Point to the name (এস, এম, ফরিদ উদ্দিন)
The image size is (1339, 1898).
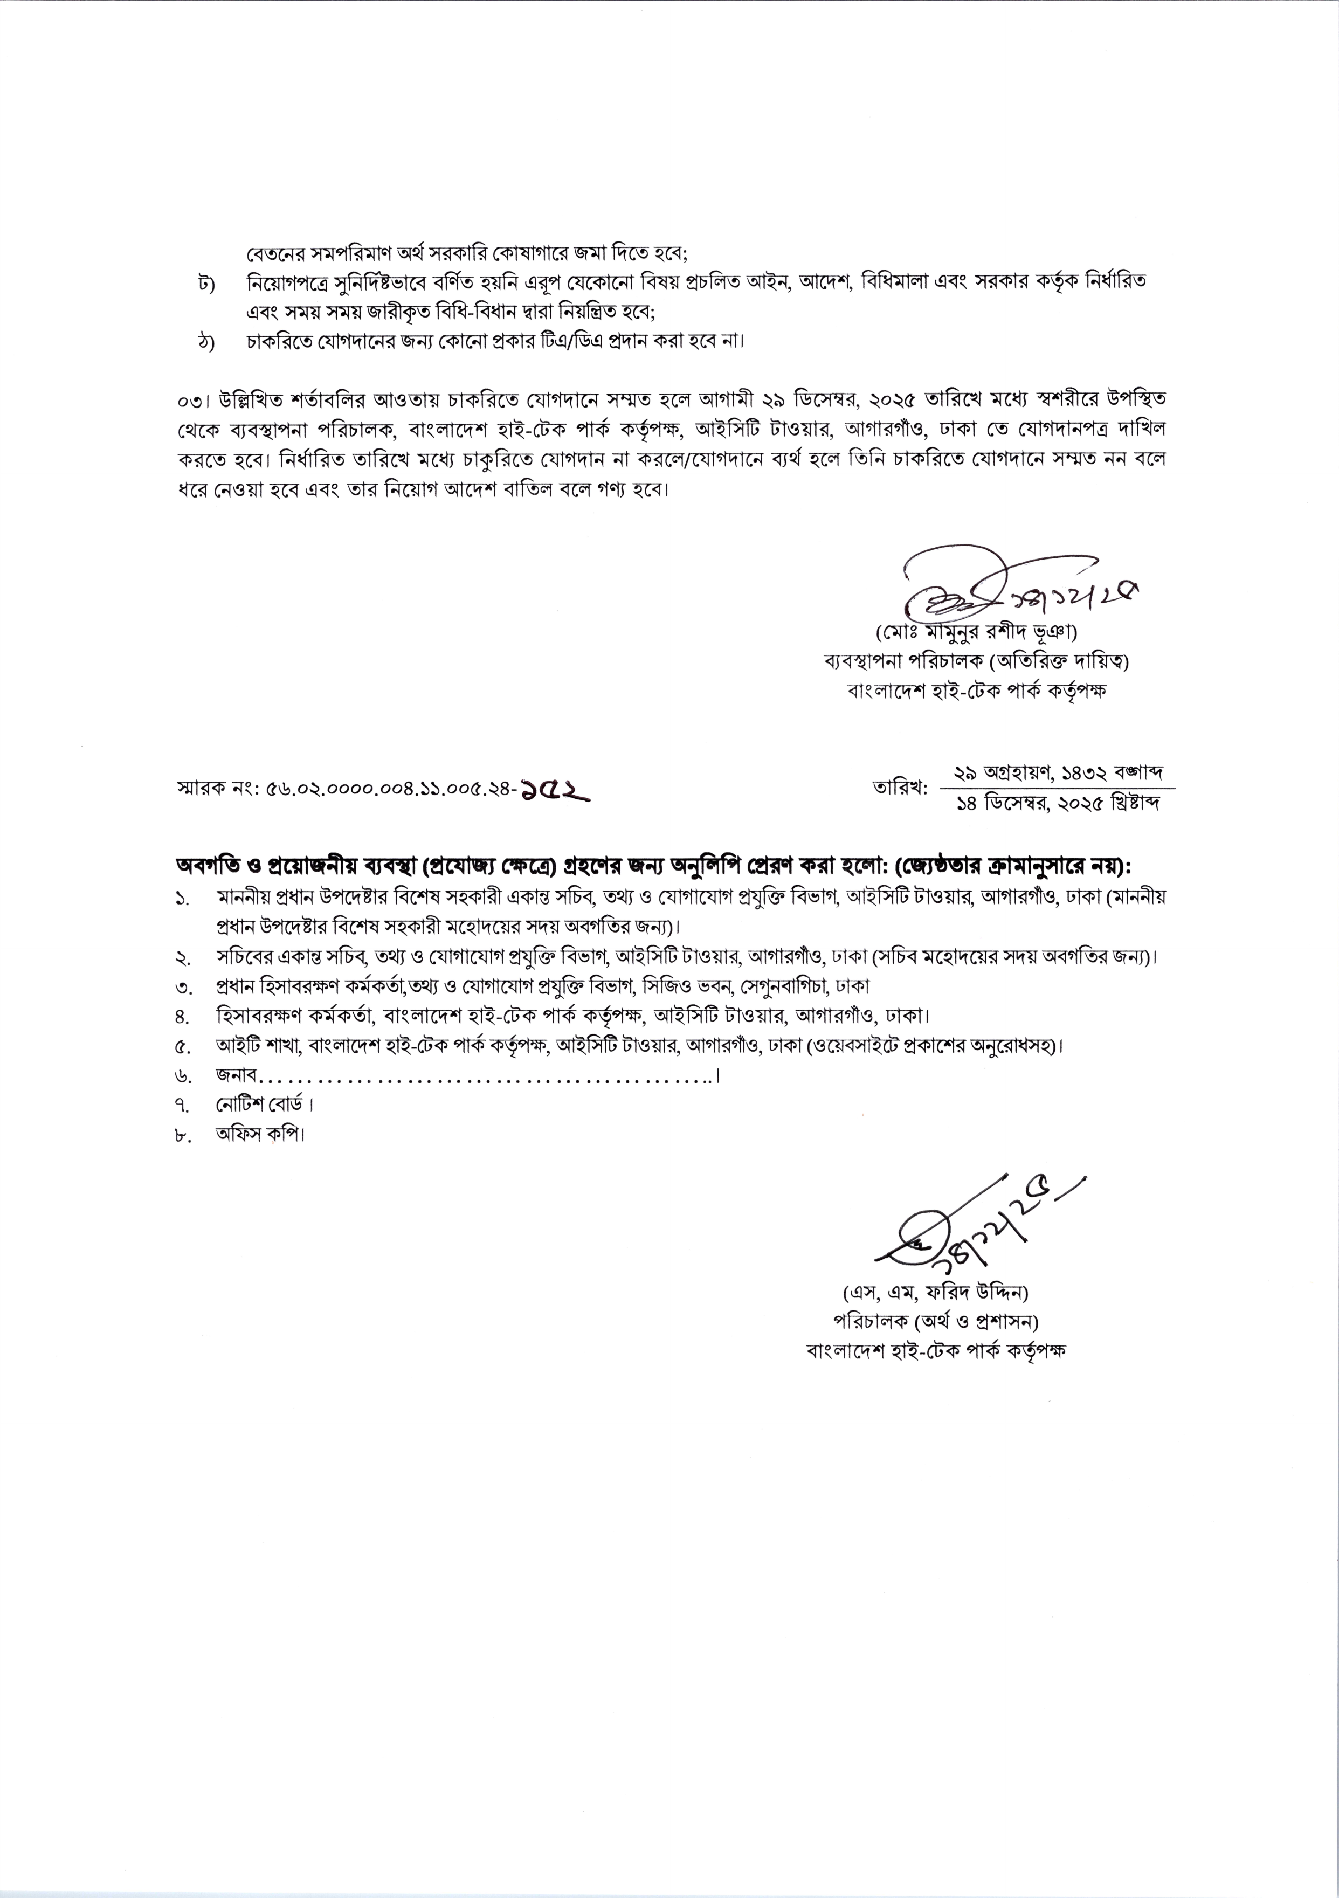[x=934, y=1291]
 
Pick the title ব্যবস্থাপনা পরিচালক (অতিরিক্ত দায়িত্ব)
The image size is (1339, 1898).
[x=972, y=661]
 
